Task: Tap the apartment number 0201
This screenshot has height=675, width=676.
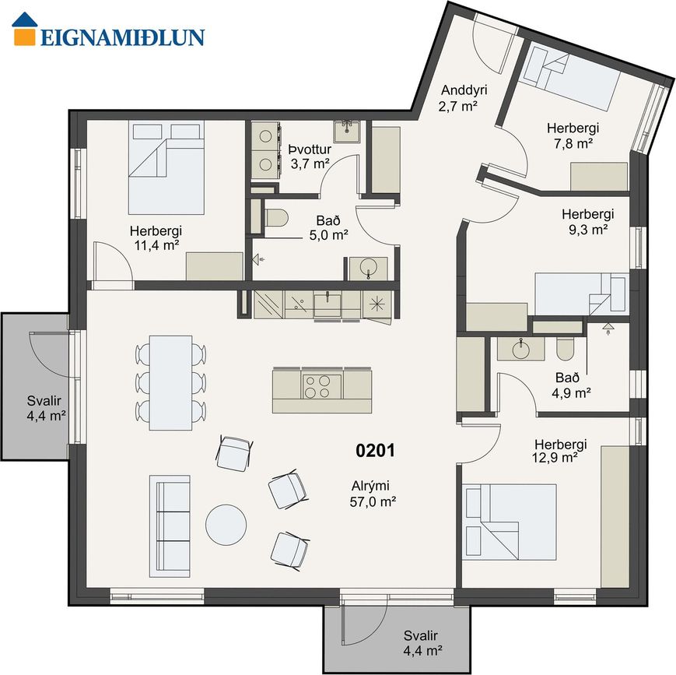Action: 375,451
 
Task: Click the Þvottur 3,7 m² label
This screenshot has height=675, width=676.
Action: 310,156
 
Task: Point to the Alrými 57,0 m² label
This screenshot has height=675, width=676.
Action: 373,494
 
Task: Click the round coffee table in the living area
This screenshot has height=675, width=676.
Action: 226,525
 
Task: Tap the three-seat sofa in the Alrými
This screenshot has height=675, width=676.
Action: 170,526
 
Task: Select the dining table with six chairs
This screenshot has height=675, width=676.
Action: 170,383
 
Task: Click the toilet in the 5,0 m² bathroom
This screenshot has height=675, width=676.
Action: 275,218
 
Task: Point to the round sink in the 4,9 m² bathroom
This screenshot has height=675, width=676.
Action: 520,349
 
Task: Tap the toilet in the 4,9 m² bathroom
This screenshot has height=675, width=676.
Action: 565,349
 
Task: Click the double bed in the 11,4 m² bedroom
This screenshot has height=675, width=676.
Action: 166,167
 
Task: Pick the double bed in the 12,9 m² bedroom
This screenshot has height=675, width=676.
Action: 510,522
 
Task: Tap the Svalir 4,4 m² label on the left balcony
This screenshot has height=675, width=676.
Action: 46,408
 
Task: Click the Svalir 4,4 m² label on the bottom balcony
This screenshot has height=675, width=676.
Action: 422,642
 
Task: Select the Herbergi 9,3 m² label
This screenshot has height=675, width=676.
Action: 587,221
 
